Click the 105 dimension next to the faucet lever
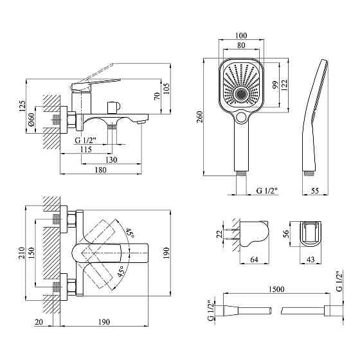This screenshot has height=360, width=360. click(x=166, y=87)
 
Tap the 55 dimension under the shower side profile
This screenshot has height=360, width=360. click(x=315, y=191)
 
